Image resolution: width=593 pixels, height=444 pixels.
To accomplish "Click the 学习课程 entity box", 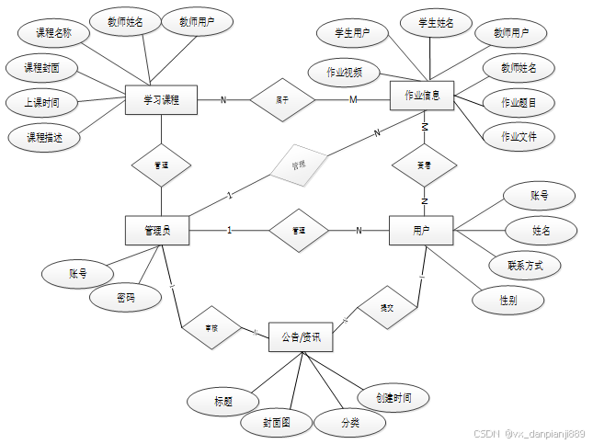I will (x=161, y=98).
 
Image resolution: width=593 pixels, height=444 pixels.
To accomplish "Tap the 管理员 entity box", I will (x=156, y=230).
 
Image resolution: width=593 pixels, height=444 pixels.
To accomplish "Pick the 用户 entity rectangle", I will (x=422, y=230).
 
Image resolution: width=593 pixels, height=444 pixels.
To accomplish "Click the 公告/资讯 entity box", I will (x=301, y=336).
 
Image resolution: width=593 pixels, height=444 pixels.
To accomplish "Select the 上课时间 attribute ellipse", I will (x=40, y=101).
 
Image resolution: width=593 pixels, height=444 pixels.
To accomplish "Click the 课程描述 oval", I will (x=42, y=137).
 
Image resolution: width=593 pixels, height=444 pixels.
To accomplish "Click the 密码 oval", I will (x=126, y=298).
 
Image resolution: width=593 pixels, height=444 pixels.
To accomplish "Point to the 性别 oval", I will (x=508, y=300).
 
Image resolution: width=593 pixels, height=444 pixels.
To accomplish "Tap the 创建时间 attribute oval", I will (x=393, y=397).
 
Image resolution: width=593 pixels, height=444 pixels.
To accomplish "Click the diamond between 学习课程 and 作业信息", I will (x=282, y=98).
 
